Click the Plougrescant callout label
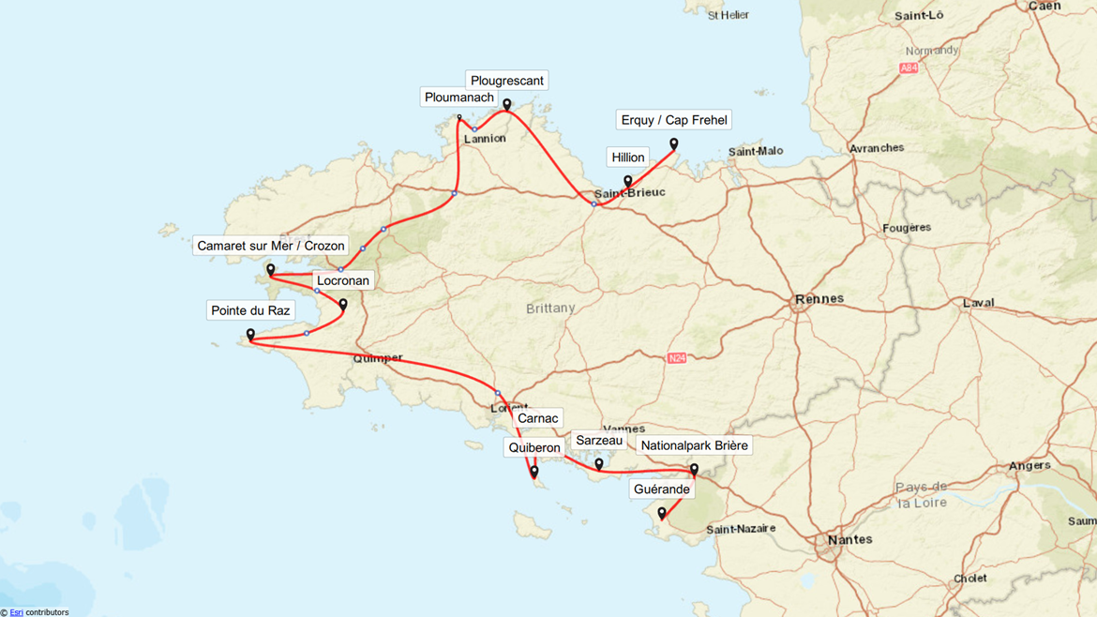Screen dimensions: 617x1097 (x=506, y=81)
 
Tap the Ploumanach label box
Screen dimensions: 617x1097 (x=458, y=98)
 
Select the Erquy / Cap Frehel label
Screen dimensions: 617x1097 (x=673, y=120)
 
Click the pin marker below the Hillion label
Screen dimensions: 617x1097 (x=628, y=182)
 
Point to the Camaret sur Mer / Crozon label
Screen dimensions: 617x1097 (x=270, y=246)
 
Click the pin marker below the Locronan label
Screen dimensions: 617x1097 (x=343, y=305)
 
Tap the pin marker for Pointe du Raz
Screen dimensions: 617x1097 (x=250, y=335)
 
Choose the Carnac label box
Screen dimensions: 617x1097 (x=537, y=418)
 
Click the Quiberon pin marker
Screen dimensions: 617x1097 (x=534, y=472)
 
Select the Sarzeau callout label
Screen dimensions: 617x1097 (x=598, y=441)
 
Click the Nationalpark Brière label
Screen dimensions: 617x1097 (x=694, y=445)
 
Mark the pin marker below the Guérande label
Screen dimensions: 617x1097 (x=662, y=514)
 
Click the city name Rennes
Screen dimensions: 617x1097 (x=819, y=299)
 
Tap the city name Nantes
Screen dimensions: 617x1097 (x=849, y=539)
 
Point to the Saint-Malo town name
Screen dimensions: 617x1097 (x=755, y=151)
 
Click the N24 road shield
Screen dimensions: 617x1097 (x=677, y=358)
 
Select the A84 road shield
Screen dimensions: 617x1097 (x=908, y=68)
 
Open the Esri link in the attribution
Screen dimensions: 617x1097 (x=16, y=612)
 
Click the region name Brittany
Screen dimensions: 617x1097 (x=550, y=308)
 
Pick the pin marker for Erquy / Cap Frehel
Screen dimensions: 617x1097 (x=673, y=144)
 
